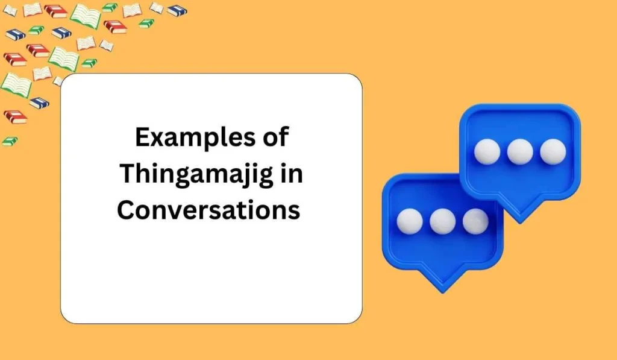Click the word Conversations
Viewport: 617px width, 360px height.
pyautogui.click(x=208, y=210)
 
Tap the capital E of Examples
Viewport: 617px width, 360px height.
pyautogui.click(x=142, y=139)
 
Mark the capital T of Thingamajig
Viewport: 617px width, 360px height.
pyautogui.click(x=128, y=174)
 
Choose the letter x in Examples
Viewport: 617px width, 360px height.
pyautogui.click(x=157, y=140)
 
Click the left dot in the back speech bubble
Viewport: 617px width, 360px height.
pyautogui.click(x=487, y=152)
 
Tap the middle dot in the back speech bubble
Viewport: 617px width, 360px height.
pyautogui.click(x=519, y=152)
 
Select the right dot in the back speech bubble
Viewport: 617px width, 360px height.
pyautogui.click(x=553, y=152)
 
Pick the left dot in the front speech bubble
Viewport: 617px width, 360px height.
pyautogui.click(x=410, y=221)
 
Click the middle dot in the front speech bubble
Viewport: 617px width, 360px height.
pyautogui.click(x=443, y=221)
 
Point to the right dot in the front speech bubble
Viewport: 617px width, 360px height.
pyautogui.click(x=475, y=221)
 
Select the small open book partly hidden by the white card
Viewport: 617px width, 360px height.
pyautogui.click(x=58, y=81)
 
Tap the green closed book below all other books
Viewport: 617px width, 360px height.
pyautogui.click(x=10, y=141)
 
